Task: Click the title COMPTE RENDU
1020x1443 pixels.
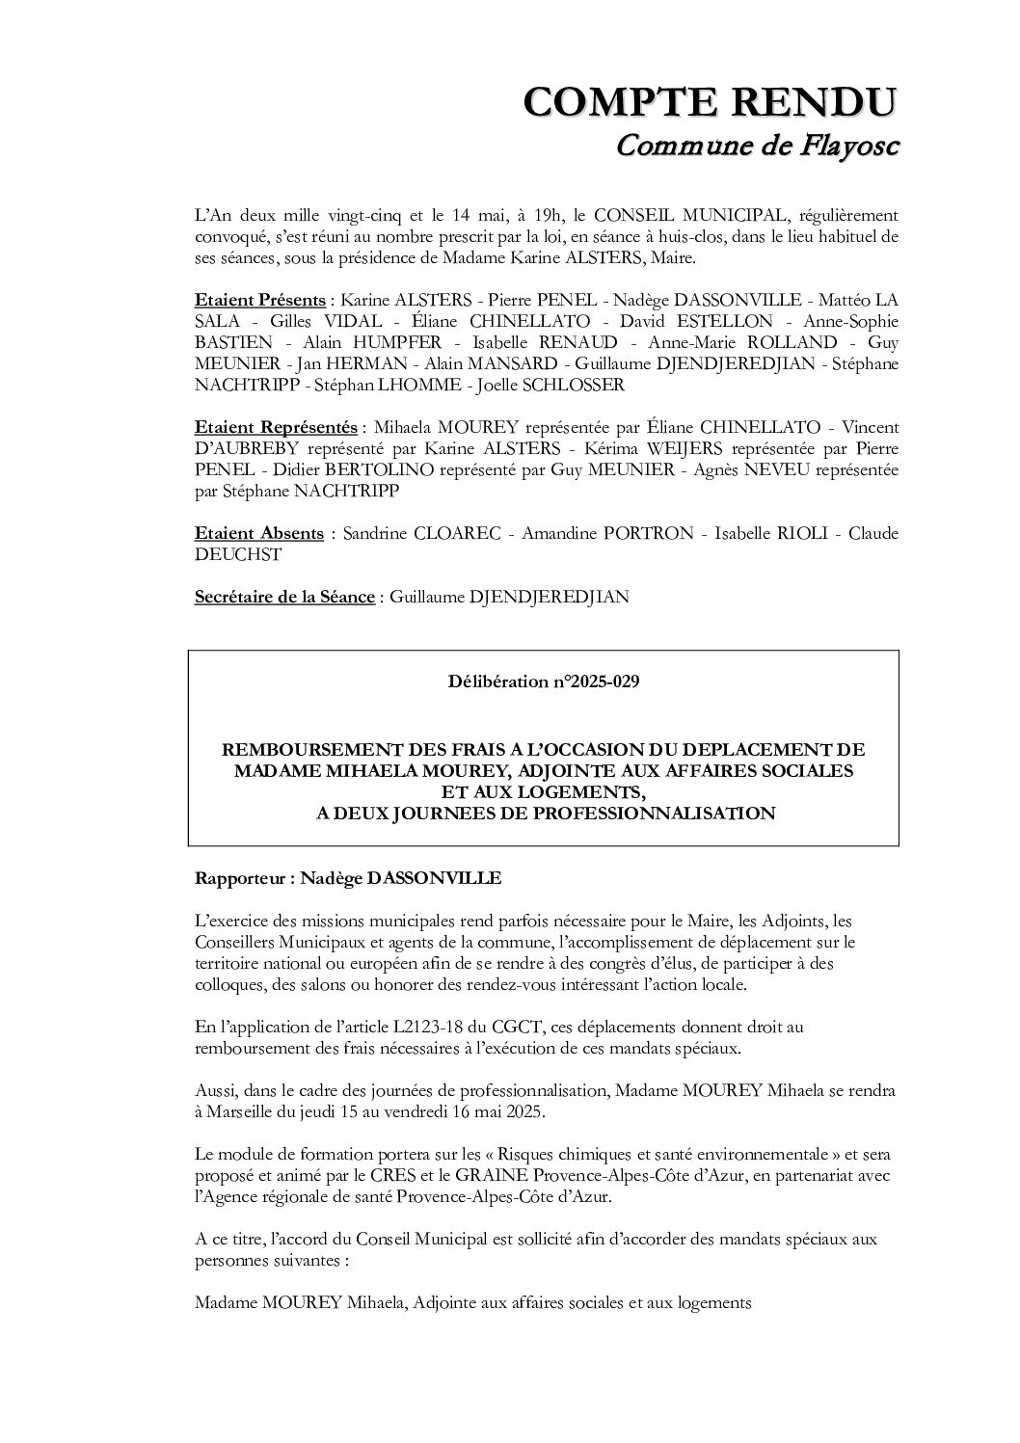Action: coord(710,101)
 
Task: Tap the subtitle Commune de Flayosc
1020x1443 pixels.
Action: coord(756,147)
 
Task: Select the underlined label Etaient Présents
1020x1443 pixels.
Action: coord(259,301)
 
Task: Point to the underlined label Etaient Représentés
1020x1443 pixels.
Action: coord(276,427)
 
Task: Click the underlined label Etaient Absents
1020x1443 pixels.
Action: coord(258,533)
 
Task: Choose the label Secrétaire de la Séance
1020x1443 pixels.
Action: coord(284,597)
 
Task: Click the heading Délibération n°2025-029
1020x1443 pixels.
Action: coord(543,682)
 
